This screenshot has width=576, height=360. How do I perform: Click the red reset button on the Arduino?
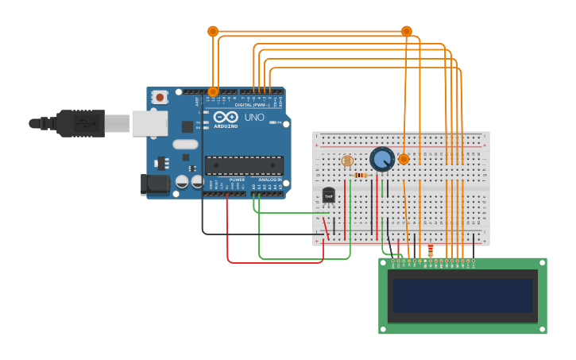coord(160,97)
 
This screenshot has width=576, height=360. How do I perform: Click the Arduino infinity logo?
coord(225,118)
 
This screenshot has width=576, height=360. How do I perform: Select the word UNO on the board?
coord(254,118)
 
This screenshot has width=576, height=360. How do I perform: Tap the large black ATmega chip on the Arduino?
coord(244,165)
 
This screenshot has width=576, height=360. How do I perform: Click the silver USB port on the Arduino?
coord(149,123)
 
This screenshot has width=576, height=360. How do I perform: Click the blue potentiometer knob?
coord(382,159)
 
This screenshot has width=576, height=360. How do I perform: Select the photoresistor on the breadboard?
coord(346,161)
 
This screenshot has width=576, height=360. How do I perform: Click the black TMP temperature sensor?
coord(329,195)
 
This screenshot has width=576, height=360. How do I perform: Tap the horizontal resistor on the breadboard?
coord(361,175)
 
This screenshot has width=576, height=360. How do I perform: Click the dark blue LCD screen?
coord(462,295)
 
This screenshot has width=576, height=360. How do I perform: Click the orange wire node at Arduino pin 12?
coord(213,91)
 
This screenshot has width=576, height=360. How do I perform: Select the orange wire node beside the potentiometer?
coord(404,159)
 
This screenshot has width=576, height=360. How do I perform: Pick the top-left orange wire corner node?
coord(213,31)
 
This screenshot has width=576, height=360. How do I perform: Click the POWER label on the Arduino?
coord(237,180)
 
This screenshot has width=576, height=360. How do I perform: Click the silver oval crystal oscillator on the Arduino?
coord(184,145)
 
